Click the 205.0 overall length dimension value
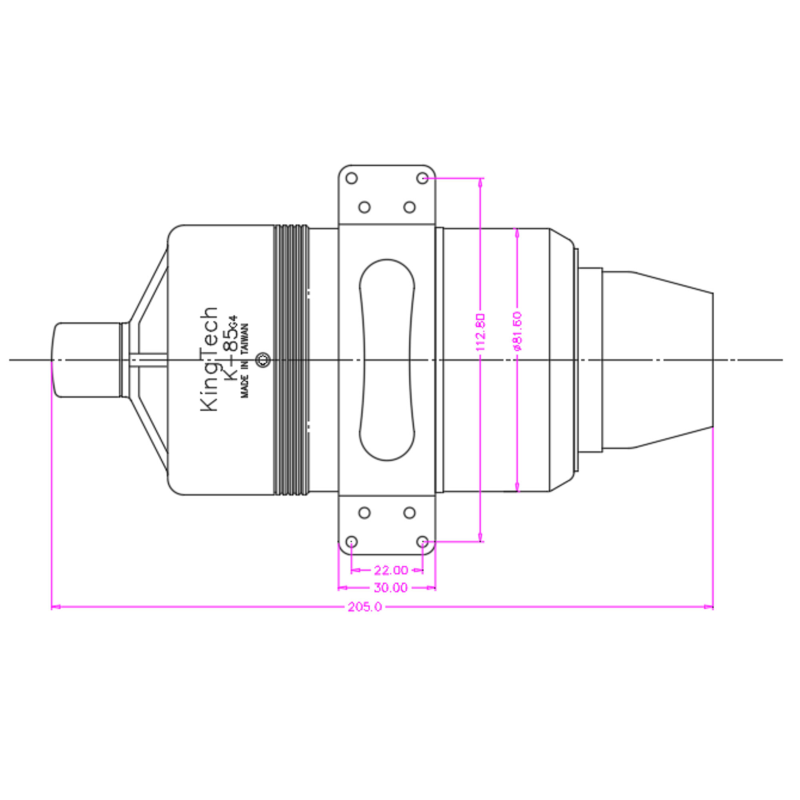tap(365, 607)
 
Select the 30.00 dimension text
tap(390, 588)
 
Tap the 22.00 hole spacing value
tap(391, 570)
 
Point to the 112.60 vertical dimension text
tap(480, 332)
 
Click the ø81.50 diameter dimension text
tap(518, 331)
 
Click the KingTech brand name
tap(209, 359)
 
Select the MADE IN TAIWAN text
tap(245, 361)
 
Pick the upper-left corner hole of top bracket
tap(352, 178)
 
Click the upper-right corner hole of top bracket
tap(422, 178)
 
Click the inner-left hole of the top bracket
tap(364, 207)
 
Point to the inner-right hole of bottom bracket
tap(410, 513)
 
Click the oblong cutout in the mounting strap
tap(387, 360)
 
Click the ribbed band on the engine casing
tap(291, 360)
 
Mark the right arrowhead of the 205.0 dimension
tap(709, 607)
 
